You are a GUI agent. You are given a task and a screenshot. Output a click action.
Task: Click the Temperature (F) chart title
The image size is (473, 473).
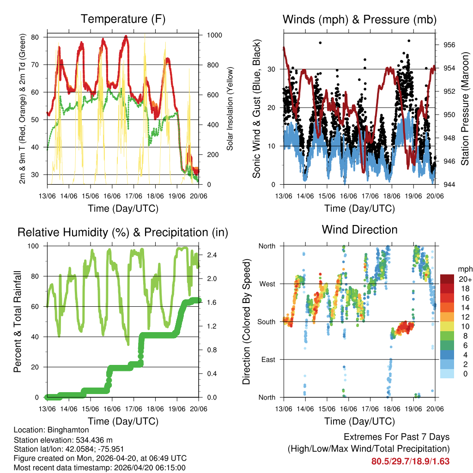[x=123, y=19]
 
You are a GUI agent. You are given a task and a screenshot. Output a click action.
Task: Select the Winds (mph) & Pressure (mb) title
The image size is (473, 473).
[x=359, y=19]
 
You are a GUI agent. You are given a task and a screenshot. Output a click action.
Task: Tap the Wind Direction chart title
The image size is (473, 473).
[x=359, y=230]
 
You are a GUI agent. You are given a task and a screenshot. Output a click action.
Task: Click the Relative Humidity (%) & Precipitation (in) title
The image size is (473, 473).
[x=123, y=232]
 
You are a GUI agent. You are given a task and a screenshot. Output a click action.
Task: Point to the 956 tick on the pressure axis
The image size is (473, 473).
[x=449, y=45]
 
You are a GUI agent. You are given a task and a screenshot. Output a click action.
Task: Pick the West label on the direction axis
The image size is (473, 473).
[x=267, y=284]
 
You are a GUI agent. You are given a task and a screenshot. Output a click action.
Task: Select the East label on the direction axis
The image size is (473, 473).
[x=268, y=359]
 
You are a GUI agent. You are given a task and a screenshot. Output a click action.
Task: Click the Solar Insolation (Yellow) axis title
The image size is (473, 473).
[x=230, y=109]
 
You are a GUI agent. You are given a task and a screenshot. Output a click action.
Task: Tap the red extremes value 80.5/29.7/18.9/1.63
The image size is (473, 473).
[x=411, y=461]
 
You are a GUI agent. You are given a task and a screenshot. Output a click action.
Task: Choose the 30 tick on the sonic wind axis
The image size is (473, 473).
[x=273, y=69]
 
